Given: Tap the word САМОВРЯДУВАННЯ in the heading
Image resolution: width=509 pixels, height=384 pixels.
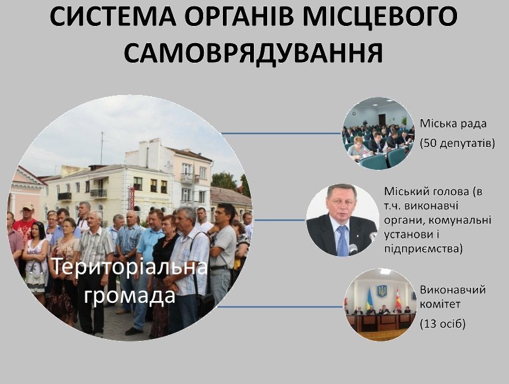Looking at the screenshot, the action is click(x=253, y=53).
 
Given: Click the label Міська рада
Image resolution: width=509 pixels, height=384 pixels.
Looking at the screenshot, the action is click(x=453, y=124).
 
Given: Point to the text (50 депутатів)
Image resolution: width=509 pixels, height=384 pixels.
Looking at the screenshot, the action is click(x=457, y=143).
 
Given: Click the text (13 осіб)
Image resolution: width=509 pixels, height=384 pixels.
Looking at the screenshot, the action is click(x=443, y=324).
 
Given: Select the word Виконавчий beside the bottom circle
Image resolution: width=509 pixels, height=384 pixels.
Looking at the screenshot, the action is click(x=453, y=290).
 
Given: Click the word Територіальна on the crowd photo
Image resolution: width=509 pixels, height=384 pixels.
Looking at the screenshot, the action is click(x=130, y=267).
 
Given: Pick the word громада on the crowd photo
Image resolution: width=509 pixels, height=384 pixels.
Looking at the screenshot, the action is click(x=130, y=296).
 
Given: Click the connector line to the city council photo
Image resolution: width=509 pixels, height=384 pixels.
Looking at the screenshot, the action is click(x=281, y=133).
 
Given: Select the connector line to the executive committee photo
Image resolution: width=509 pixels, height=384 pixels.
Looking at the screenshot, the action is click(x=280, y=306).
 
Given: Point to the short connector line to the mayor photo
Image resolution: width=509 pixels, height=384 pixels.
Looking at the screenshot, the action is click(x=280, y=220).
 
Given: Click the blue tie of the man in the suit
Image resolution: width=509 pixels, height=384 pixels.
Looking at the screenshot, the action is click(x=342, y=241).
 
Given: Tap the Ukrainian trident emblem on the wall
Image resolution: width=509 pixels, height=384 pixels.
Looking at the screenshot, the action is click(x=382, y=290).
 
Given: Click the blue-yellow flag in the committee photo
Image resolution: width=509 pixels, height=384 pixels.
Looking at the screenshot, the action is click(x=369, y=300).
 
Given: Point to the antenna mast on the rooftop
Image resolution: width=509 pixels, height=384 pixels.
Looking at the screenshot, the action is click(x=101, y=148).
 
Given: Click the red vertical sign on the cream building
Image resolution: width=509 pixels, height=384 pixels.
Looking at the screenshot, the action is click(x=132, y=198).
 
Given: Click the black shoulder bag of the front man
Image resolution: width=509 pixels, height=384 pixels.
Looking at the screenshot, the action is click(x=204, y=302).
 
